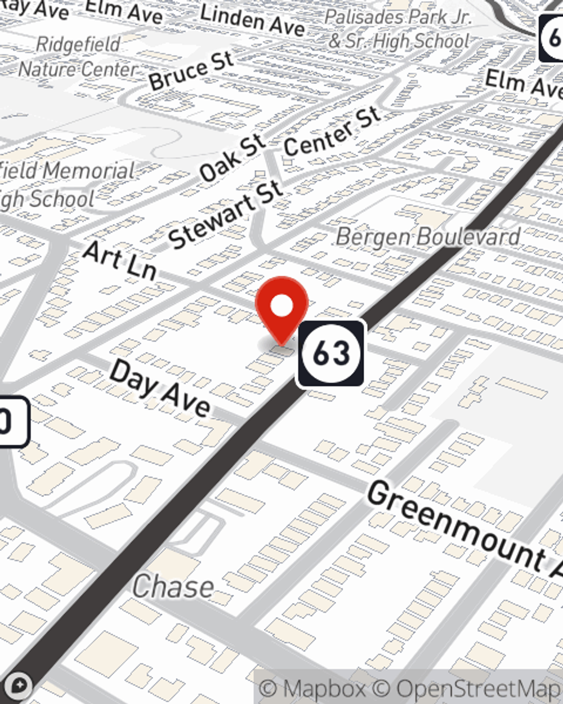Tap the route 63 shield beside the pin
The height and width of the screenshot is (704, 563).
[331, 353]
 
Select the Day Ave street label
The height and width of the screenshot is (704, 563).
[160, 388]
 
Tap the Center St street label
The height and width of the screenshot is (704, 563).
[332, 132]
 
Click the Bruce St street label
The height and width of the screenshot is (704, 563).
[191, 70]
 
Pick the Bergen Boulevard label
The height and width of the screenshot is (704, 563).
[428, 237]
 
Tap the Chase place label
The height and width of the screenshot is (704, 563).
[173, 587]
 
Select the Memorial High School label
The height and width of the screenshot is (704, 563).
[62, 185]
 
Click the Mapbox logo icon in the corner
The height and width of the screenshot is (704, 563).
[19, 686]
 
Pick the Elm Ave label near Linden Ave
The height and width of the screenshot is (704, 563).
[124, 11]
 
